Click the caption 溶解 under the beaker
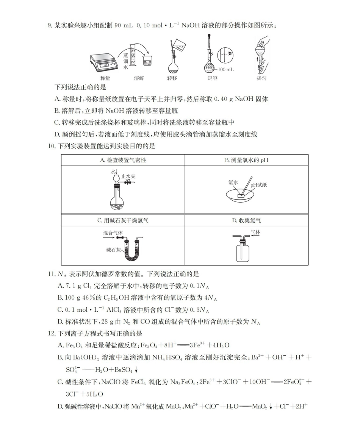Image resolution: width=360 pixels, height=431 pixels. pyautogui.click(x=139, y=78)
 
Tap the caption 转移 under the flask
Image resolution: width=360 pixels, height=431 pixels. pyautogui.click(x=172, y=78)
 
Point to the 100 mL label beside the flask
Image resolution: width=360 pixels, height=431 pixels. pyautogui.click(x=226, y=70)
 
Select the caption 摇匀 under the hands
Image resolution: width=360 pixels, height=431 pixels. pyautogui.click(x=262, y=78)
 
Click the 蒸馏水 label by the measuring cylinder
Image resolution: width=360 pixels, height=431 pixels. pyautogui.click(x=125, y=61)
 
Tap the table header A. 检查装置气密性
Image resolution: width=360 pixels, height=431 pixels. pyautogui.click(x=123, y=160)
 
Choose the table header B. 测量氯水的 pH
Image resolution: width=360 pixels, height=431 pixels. pyautogui.click(x=246, y=160)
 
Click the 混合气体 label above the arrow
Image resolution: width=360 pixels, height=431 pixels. pyautogui.click(x=113, y=233)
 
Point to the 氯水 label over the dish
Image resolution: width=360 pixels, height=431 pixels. pyautogui.click(x=233, y=182)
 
